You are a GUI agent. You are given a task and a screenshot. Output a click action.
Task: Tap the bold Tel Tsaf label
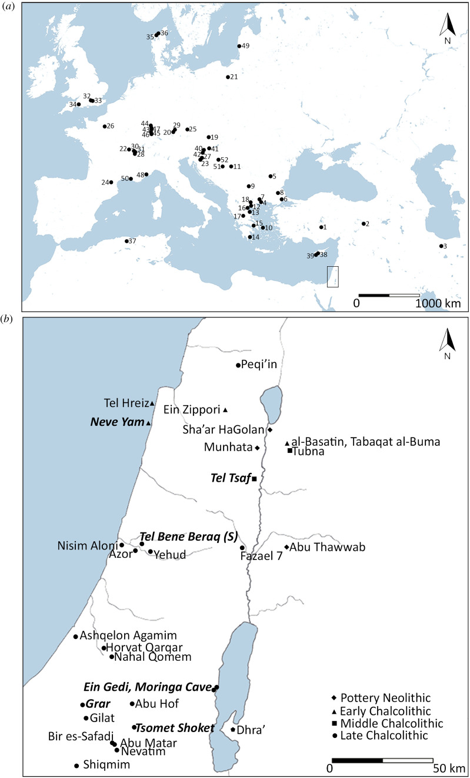(229, 478)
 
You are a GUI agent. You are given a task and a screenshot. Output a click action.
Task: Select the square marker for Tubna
(289, 451)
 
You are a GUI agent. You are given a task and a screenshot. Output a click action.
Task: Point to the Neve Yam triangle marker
(148, 423)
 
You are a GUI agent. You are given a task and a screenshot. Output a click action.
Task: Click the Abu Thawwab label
(328, 547)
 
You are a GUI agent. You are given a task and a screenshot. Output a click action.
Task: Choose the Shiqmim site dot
(76, 766)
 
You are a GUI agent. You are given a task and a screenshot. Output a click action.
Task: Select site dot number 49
(239, 46)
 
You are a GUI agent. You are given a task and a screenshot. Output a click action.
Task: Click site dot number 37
(126, 241)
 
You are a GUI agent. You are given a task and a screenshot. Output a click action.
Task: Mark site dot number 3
(441, 246)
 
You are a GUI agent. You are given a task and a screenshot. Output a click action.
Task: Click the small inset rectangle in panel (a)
(332, 276)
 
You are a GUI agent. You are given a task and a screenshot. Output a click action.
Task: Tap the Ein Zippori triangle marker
(225, 410)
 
